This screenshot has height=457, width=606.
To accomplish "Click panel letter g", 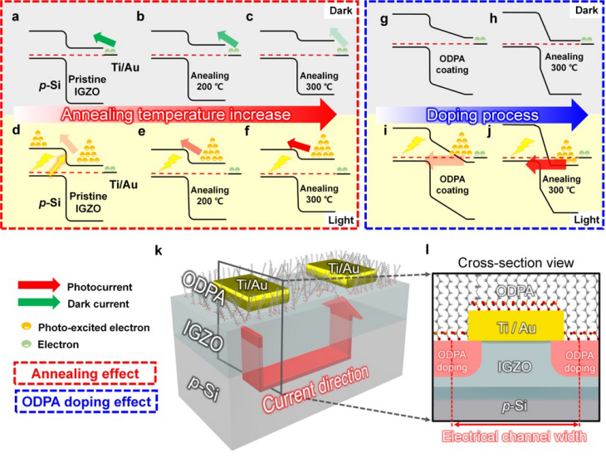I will click(x=384, y=17).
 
